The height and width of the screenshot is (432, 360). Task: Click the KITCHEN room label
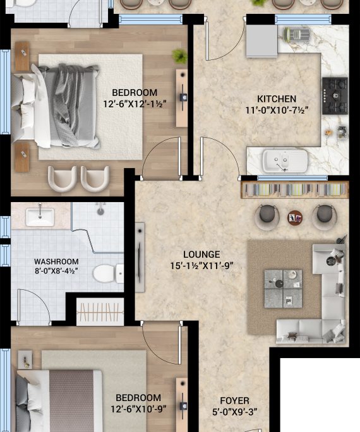[x=277, y=99]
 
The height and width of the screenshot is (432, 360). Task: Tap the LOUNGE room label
[x=202, y=255]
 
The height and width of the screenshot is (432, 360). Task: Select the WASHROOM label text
[x=56, y=261]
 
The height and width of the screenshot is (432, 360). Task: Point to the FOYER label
[x=235, y=400]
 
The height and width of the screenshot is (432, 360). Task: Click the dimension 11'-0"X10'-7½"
[x=277, y=111]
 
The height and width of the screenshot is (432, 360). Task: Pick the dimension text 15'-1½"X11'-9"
[x=202, y=266]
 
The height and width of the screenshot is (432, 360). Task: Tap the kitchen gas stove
[x=335, y=96]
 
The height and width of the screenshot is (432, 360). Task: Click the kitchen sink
[x=285, y=160]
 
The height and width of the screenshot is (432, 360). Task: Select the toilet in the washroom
[x=108, y=273]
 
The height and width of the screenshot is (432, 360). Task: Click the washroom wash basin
[x=40, y=217]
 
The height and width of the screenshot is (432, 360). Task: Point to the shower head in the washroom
[x=100, y=210]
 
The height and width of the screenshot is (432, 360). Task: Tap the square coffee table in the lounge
[x=283, y=289]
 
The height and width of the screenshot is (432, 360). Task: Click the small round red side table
[x=295, y=218]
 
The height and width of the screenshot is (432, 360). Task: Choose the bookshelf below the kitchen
[x=295, y=190]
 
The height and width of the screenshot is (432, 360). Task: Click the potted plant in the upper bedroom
[x=179, y=56]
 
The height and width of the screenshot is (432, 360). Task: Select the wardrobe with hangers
[x=100, y=313]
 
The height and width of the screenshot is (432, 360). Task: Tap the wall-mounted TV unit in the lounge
[x=140, y=257]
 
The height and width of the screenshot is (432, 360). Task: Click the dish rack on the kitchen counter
[x=296, y=35]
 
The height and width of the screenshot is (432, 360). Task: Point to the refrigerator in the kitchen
[x=261, y=41]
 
